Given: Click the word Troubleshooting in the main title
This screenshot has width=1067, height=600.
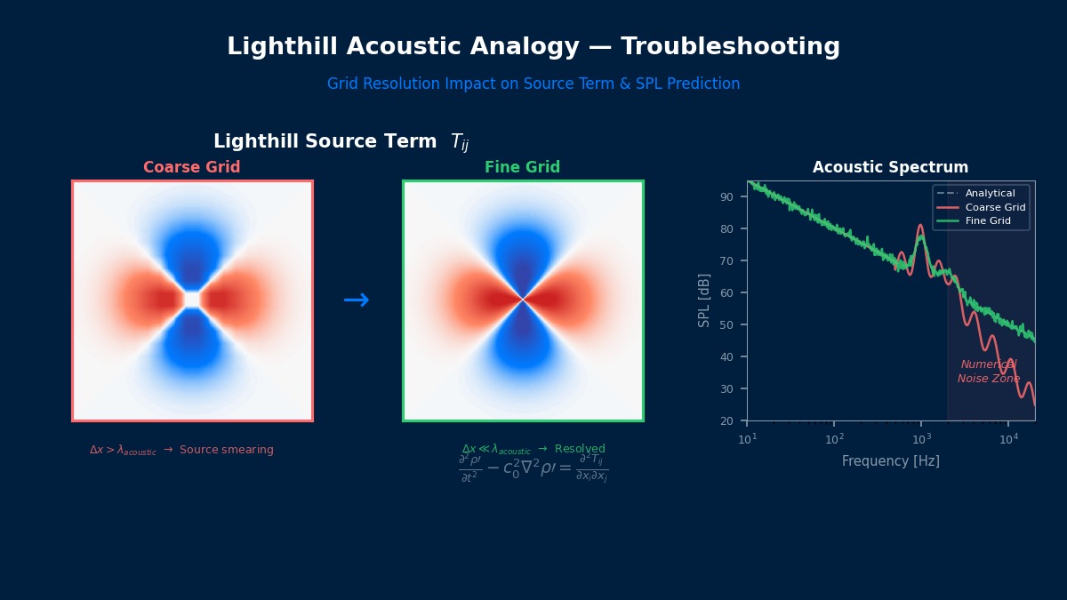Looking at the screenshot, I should click(x=730, y=47).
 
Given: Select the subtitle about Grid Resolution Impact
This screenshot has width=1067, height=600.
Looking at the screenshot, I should click(x=533, y=84).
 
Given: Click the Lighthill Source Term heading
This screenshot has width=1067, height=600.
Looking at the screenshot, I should click(x=341, y=142).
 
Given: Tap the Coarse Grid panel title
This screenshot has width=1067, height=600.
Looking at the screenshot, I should click(x=192, y=168).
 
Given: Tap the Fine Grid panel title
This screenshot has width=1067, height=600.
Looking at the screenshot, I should click(x=523, y=168).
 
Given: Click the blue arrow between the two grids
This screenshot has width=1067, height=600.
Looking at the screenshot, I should click(x=357, y=300).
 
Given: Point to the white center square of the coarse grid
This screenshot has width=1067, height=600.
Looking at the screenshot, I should click(x=192, y=300).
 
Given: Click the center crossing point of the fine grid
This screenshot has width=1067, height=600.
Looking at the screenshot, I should click(x=523, y=300).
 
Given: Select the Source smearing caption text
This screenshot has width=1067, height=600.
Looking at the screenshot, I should click(x=226, y=451).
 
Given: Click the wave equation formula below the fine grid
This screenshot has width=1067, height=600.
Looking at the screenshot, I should click(x=533, y=468).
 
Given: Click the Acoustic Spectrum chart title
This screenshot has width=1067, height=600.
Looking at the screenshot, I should click(x=890, y=168).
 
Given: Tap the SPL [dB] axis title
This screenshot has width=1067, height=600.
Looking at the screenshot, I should click(x=704, y=300).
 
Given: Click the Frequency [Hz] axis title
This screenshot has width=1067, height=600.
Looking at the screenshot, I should click(x=890, y=461).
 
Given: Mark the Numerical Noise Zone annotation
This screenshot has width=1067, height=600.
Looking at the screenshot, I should click(x=989, y=372).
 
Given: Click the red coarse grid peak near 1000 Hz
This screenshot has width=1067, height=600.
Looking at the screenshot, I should click(x=920, y=226).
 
